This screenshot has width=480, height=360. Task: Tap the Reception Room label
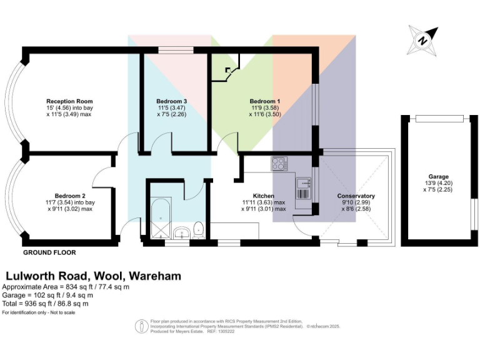(x=69, y=101)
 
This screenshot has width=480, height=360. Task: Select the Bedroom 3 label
(x=171, y=101)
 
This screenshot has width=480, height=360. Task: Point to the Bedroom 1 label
(x=264, y=101)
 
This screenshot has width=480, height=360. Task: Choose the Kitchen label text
(x=264, y=196)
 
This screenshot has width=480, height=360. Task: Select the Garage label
(x=438, y=176)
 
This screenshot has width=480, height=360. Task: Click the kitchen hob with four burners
(x=279, y=164)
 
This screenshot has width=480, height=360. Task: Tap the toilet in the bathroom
(x=198, y=229)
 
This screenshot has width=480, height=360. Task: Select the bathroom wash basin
(x=181, y=232)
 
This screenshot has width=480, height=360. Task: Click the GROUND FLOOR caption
(x=49, y=253)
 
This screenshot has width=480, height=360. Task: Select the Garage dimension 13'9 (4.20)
(x=438, y=182)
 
